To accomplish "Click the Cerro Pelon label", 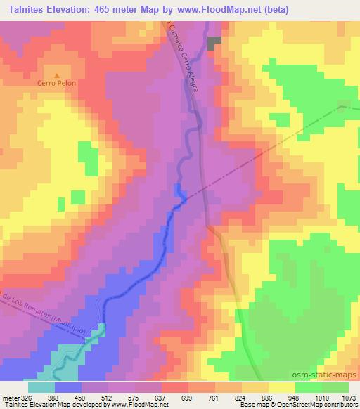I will tap(57, 82).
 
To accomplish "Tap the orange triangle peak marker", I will tap(57, 74).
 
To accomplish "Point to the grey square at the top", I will tap(214, 42).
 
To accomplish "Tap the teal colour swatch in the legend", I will tap(41, 387).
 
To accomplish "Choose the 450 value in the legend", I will tap(86, 397).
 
